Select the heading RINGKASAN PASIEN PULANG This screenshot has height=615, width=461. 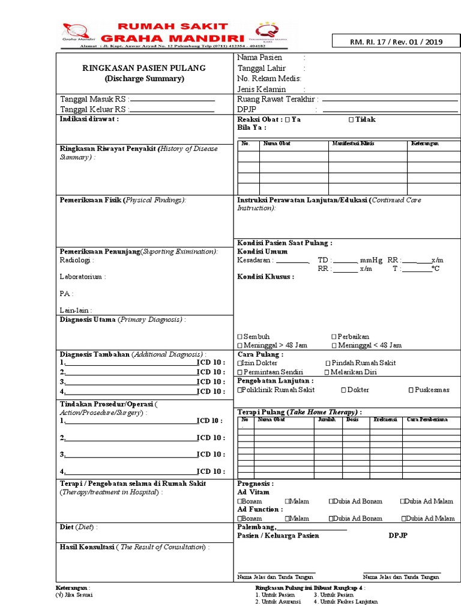point(143,68)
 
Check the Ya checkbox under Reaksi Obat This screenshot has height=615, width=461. point(288,120)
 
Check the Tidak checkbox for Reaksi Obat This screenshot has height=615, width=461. point(351,120)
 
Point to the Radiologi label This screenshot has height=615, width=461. point(75,260)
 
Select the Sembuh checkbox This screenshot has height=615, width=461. point(240,337)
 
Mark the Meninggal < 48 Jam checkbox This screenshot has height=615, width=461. point(334,345)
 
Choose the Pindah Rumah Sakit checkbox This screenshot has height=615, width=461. point(328,363)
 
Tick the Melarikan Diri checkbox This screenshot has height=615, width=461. point(327,372)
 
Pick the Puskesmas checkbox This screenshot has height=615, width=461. point(411,390)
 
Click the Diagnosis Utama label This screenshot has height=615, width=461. point(88,320)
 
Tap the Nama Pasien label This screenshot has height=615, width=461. point(260,58)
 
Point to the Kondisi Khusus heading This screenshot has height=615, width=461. point(265,277)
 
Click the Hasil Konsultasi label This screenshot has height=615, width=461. point(87,547)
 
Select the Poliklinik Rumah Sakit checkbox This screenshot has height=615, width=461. point(240,390)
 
